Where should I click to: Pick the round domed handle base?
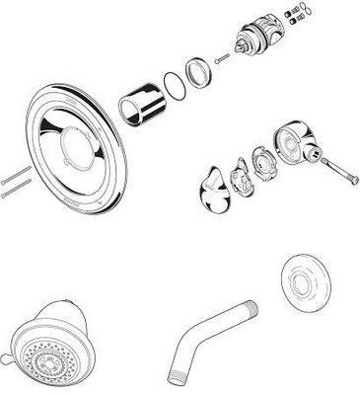click(x=291, y=144)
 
